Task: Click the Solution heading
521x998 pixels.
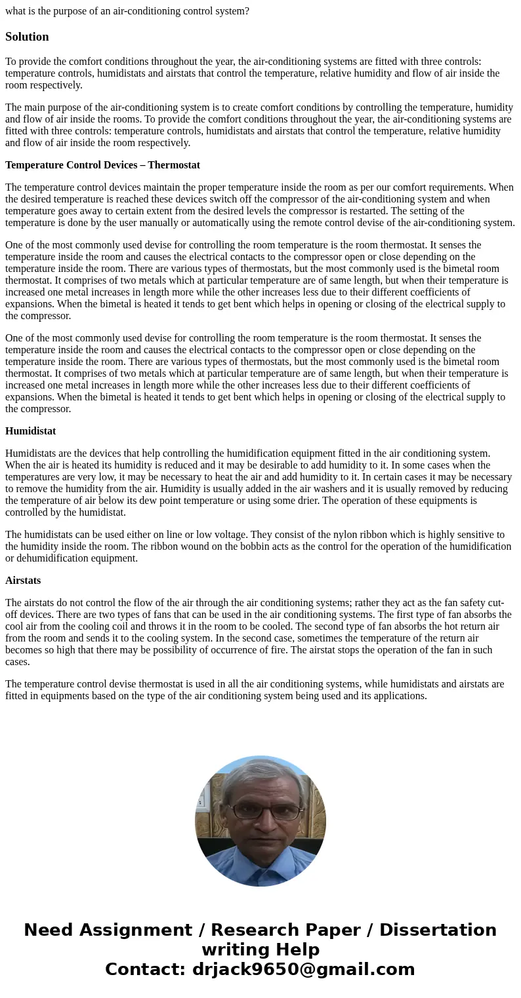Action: click(x=27, y=37)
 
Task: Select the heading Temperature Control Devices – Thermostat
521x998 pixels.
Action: click(x=102, y=165)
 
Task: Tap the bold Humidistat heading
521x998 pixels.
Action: click(x=30, y=431)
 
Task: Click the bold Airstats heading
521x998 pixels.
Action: click(x=23, y=581)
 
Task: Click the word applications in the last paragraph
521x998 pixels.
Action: click(x=399, y=696)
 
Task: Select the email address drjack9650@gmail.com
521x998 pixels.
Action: click(x=303, y=970)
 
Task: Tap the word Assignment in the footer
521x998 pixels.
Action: click(x=141, y=931)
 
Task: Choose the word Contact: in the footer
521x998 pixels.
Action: click(x=145, y=970)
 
